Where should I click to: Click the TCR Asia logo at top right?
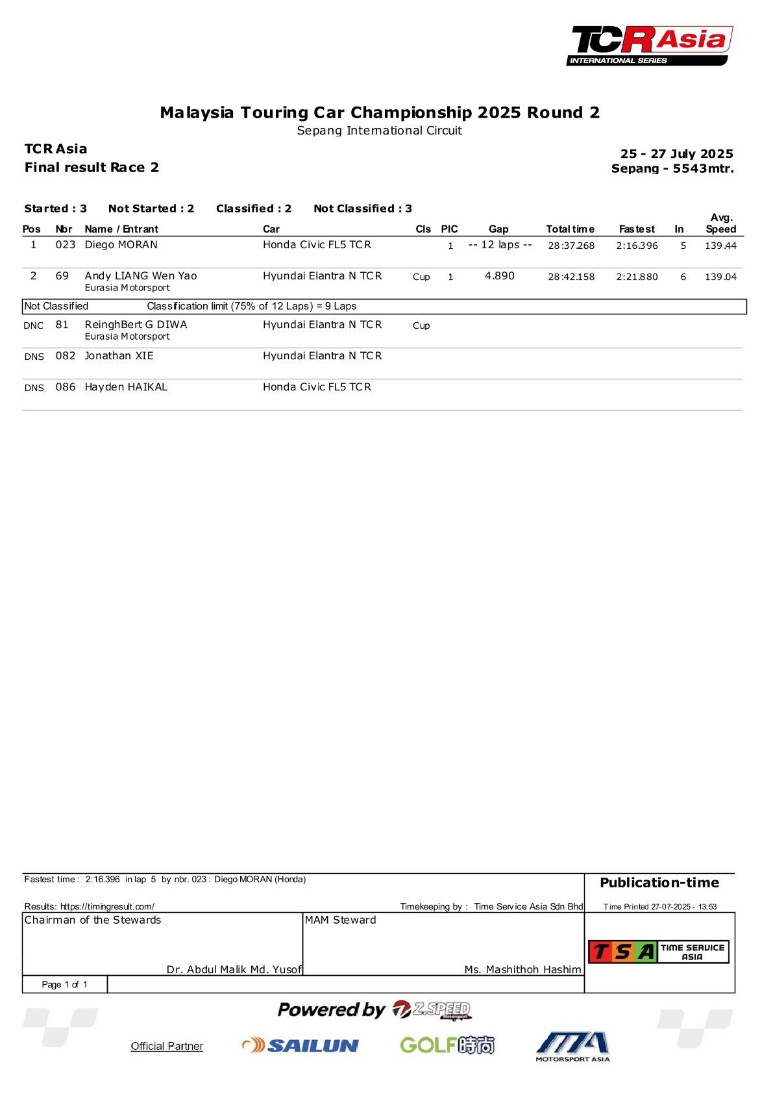click(650, 45)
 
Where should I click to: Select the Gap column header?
click(498, 229)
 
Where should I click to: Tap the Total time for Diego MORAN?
click(571, 246)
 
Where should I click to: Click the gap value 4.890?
click(500, 276)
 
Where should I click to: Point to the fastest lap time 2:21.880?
click(637, 277)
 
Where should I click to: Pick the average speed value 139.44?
click(720, 246)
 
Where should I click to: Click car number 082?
click(66, 356)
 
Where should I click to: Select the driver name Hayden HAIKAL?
click(126, 387)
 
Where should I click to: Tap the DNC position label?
click(34, 325)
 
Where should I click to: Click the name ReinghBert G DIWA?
click(136, 325)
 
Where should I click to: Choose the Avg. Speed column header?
click(721, 223)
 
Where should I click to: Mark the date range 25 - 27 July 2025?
click(676, 154)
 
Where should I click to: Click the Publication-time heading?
click(659, 883)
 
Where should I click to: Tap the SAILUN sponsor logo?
click(301, 1045)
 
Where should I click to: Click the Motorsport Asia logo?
click(572, 1046)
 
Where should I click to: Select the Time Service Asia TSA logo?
click(658, 952)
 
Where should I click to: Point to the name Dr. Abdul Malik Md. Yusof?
click(234, 970)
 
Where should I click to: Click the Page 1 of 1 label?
click(64, 985)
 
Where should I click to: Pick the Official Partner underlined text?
click(167, 1046)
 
